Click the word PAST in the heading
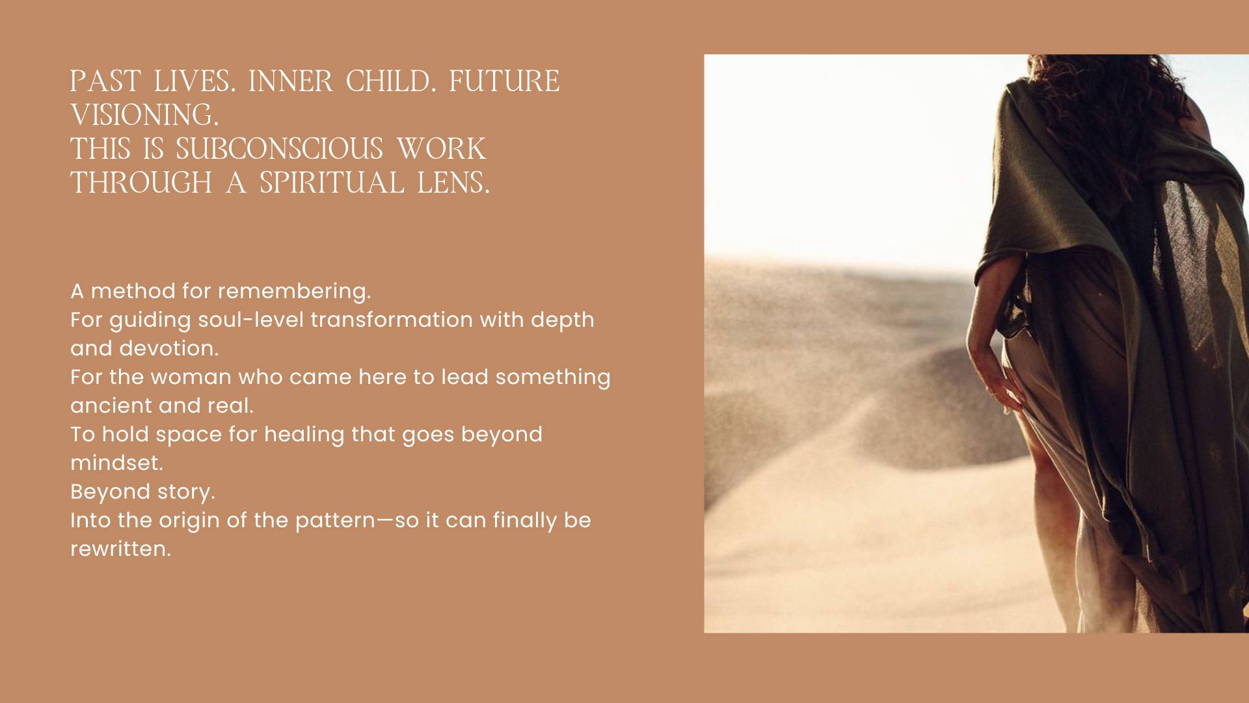(x=105, y=81)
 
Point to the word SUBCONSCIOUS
(x=279, y=149)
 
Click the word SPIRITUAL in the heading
(x=332, y=183)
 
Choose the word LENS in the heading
(x=453, y=183)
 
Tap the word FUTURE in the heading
(x=504, y=81)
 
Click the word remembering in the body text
(x=294, y=292)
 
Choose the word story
(x=185, y=492)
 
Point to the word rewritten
(x=120, y=549)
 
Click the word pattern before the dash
(x=335, y=521)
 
